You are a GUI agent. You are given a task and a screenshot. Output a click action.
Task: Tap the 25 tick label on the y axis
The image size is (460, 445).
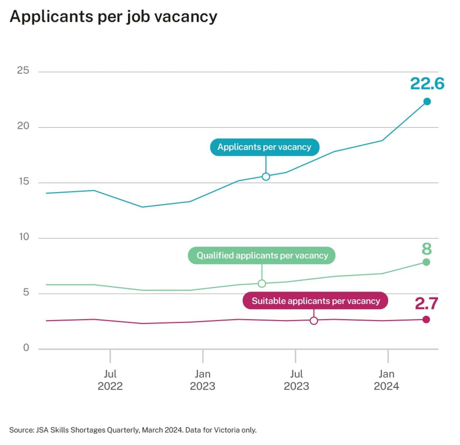[23, 70]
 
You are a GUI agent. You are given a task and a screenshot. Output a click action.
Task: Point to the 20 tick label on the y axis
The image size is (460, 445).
[23, 126]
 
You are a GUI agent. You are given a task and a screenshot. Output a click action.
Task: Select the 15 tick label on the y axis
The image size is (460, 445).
[23, 181]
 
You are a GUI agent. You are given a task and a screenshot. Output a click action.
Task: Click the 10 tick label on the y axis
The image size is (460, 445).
[24, 237]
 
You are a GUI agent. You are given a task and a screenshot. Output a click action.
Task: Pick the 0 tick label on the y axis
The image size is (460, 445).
[26, 348]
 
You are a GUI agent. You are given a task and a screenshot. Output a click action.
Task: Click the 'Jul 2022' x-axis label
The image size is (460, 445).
[110, 380]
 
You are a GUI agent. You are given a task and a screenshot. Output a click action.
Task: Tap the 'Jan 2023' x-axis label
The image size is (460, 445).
[202, 380]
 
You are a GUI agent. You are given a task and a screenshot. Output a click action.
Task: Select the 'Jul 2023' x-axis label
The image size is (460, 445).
[296, 380]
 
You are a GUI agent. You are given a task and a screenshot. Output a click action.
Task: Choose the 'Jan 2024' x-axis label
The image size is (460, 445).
[386, 380]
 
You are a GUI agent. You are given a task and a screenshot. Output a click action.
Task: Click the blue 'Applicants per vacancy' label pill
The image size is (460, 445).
[264, 147]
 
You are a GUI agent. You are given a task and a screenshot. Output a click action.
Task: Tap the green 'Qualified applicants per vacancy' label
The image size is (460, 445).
[262, 256]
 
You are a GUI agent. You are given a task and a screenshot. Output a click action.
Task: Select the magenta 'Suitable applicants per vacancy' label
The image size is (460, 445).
[315, 301]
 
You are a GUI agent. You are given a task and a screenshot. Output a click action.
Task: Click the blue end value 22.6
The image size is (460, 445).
[427, 84]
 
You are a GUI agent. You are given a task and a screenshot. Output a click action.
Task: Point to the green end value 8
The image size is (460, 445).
[427, 249]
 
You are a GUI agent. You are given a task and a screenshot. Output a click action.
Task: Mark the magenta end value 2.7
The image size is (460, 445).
[426, 304]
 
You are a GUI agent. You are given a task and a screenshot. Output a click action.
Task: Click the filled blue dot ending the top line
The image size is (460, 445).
[427, 102]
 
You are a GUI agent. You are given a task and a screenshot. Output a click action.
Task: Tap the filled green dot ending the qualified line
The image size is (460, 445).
[426, 262]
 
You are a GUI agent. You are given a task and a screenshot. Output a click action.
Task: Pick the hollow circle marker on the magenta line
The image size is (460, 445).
[314, 321]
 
